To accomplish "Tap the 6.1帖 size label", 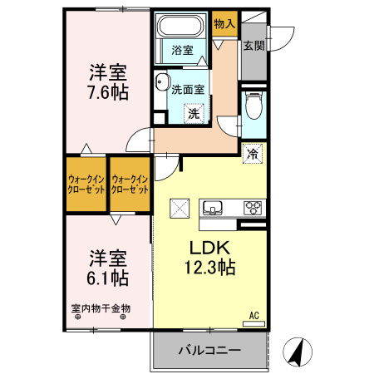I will click(108, 276).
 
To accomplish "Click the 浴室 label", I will click(183, 51).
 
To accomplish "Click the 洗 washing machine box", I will click(193, 113).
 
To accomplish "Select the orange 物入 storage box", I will click(224, 24).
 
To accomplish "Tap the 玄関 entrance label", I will click(254, 47).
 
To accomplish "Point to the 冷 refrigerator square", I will click(253, 153).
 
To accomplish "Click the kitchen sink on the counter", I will click(212, 207).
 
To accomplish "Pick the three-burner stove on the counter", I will click(252, 207).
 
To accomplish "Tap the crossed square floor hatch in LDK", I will click(180, 208).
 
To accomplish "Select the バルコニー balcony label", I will click(209, 350).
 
